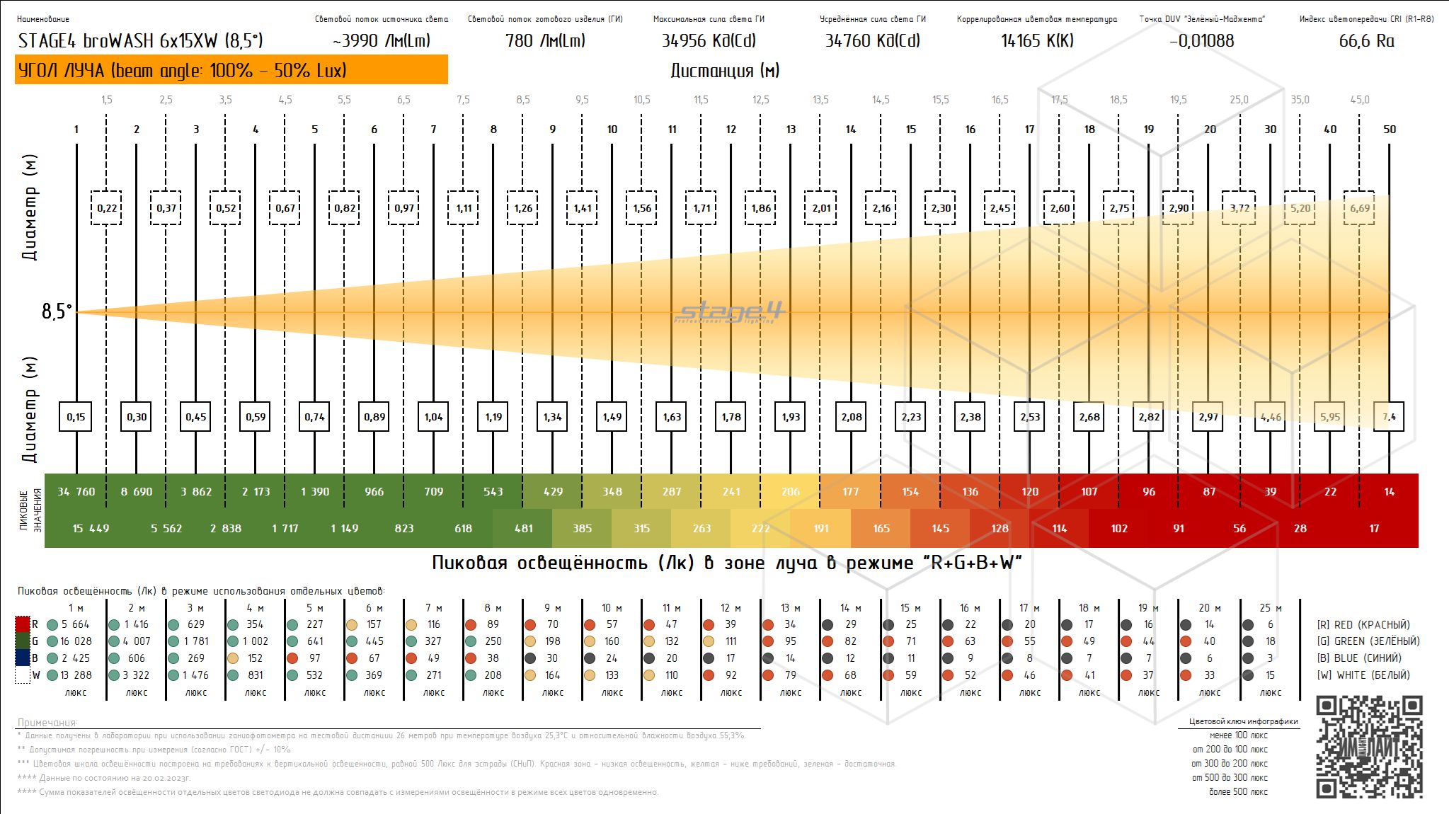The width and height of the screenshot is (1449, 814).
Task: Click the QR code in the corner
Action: pyautogui.click(x=1369, y=747)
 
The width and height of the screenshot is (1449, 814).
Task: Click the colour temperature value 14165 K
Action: pyautogui.click(x=1037, y=41)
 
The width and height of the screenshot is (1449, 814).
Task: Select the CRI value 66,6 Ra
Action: pyautogui.click(x=1366, y=41)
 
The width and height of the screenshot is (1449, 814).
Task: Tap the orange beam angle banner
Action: pyautogui.click(x=231, y=70)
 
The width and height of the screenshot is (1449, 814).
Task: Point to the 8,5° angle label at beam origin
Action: pyautogui.click(x=57, y=311)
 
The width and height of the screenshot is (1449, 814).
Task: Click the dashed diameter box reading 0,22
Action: pyautogui.click(x=107, y=208)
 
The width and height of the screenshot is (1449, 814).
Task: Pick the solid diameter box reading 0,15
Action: pyautogui.click(x=76, y=417)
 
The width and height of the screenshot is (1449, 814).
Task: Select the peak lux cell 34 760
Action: pyautogui.click(x=76, y=492)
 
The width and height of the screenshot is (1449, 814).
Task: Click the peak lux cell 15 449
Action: pyautogui.click(x=91, y=529)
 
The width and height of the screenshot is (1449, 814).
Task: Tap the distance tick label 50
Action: pyautogui.click(x=1390, y=130)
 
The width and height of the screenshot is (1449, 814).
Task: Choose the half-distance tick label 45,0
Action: pyautogui.click(x=1360, y=100)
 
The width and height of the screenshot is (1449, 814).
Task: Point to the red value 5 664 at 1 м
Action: pyautogui.click(x=75, y=624)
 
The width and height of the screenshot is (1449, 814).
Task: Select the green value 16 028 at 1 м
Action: pyautogui.click(x=76, y=641)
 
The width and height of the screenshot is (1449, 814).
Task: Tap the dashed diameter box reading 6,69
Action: pyautogui.click(x=1360, y=208)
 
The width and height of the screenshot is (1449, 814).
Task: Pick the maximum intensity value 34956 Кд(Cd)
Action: pyautogui.click(x=709, y=41)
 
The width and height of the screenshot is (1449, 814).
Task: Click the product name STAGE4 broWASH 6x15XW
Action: pyautogui.click(x=140, y=41)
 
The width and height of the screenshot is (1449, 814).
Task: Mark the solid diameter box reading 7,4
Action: pyautogui.click(x=1390, y=417)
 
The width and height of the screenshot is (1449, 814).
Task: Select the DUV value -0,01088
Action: pyautogui.click(x=1202, y=41)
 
